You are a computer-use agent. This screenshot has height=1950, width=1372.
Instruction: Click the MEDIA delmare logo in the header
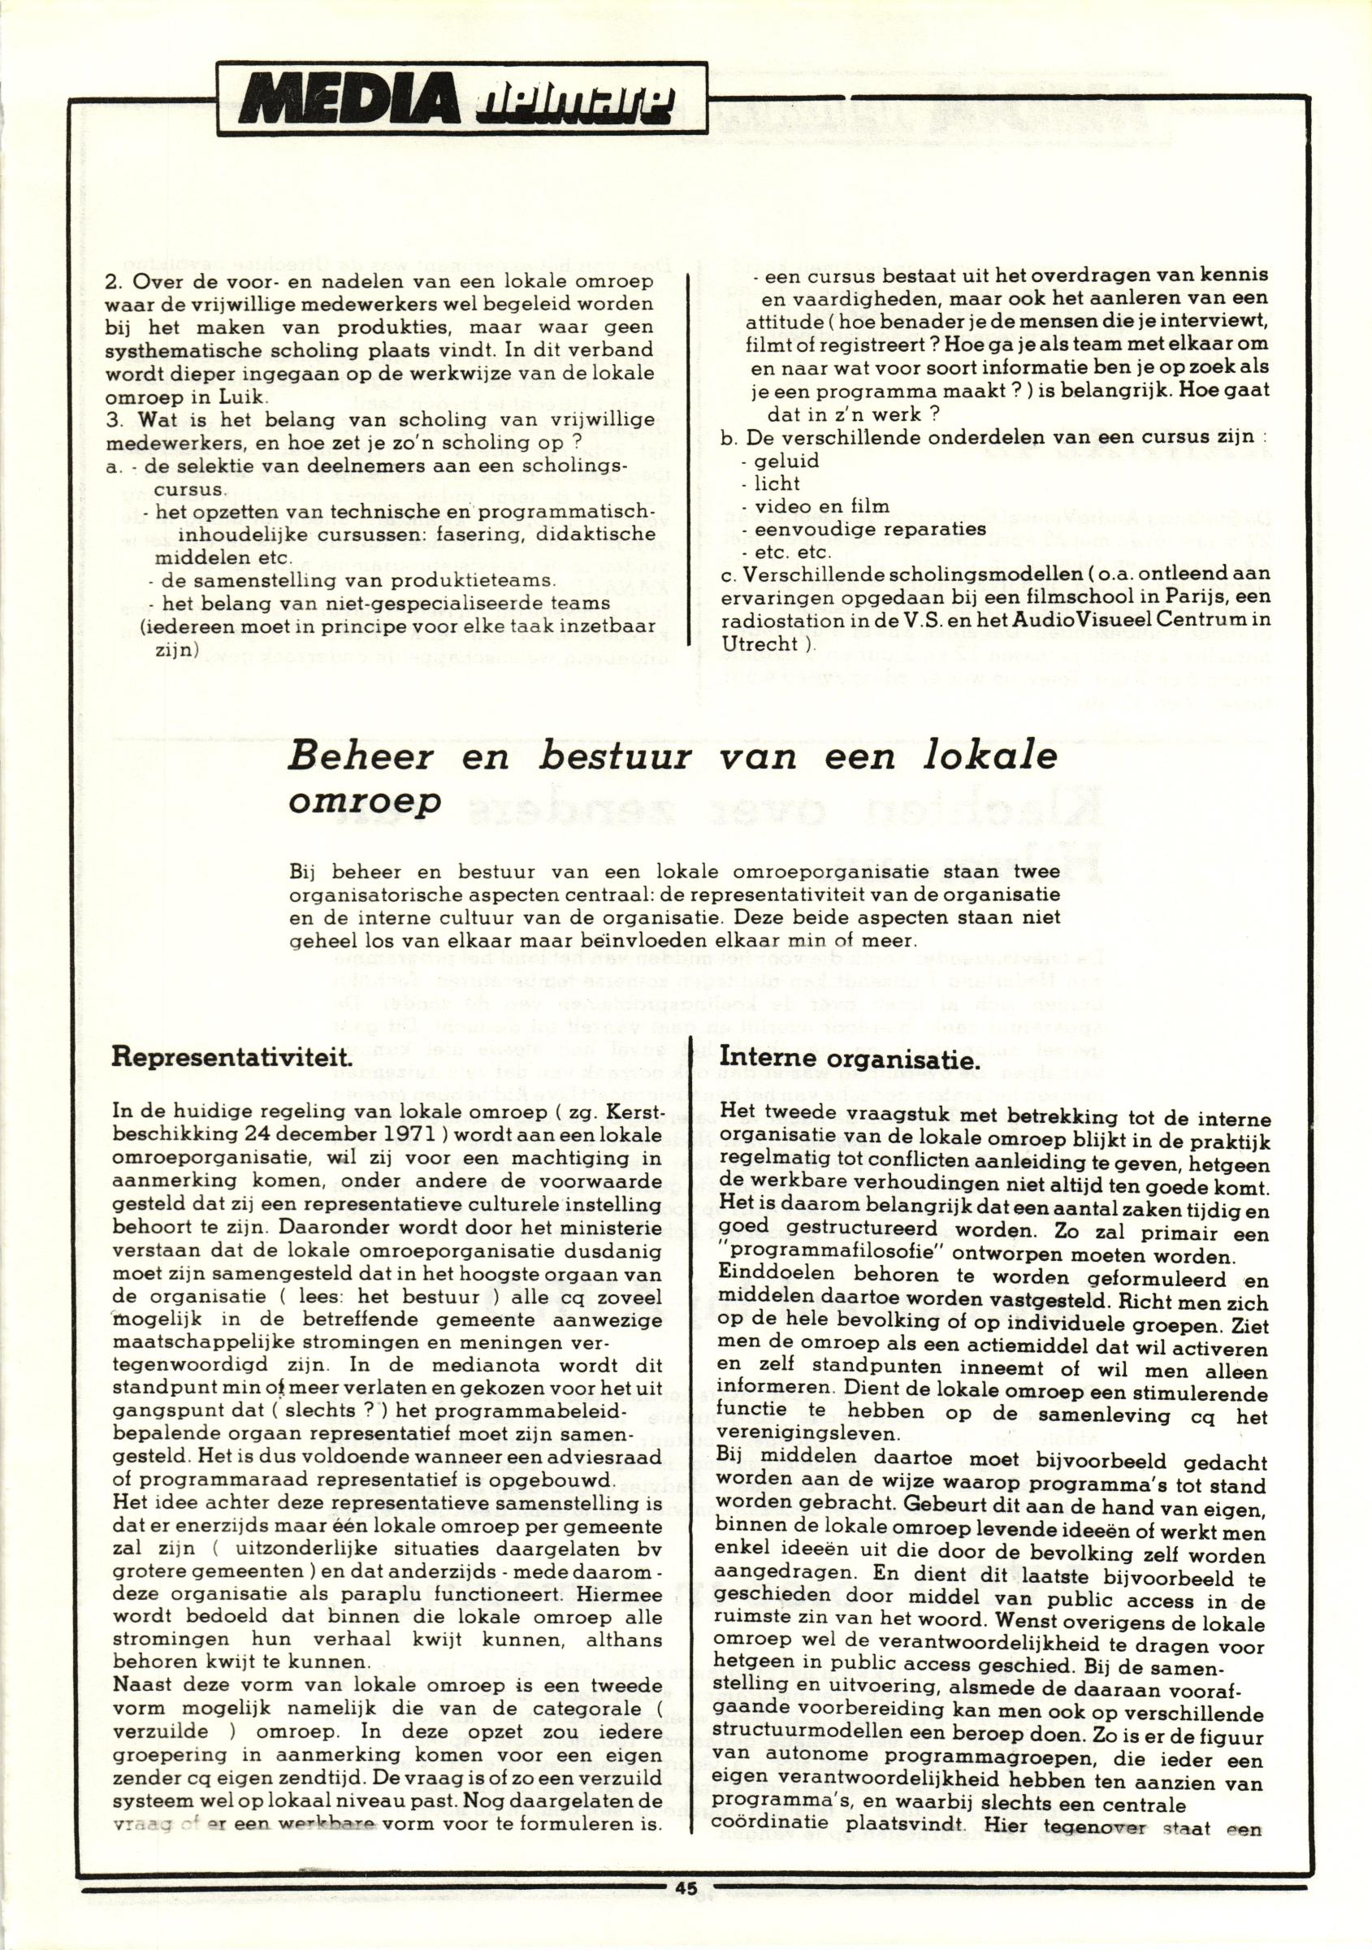coord(462,97)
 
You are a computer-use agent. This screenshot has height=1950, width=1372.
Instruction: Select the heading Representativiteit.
coord(231,1058)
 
